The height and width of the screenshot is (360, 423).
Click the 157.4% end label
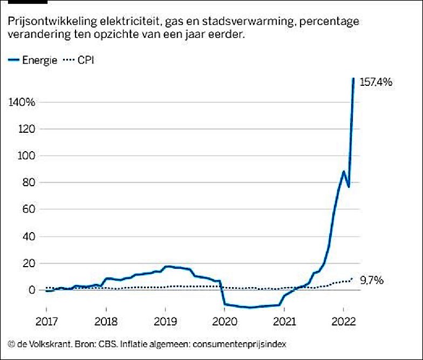pos(376,82)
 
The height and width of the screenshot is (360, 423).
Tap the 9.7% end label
pos(373,281)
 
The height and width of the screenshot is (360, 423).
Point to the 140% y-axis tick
pos(22,102)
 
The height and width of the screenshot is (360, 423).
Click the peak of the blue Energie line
pos(353,79)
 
